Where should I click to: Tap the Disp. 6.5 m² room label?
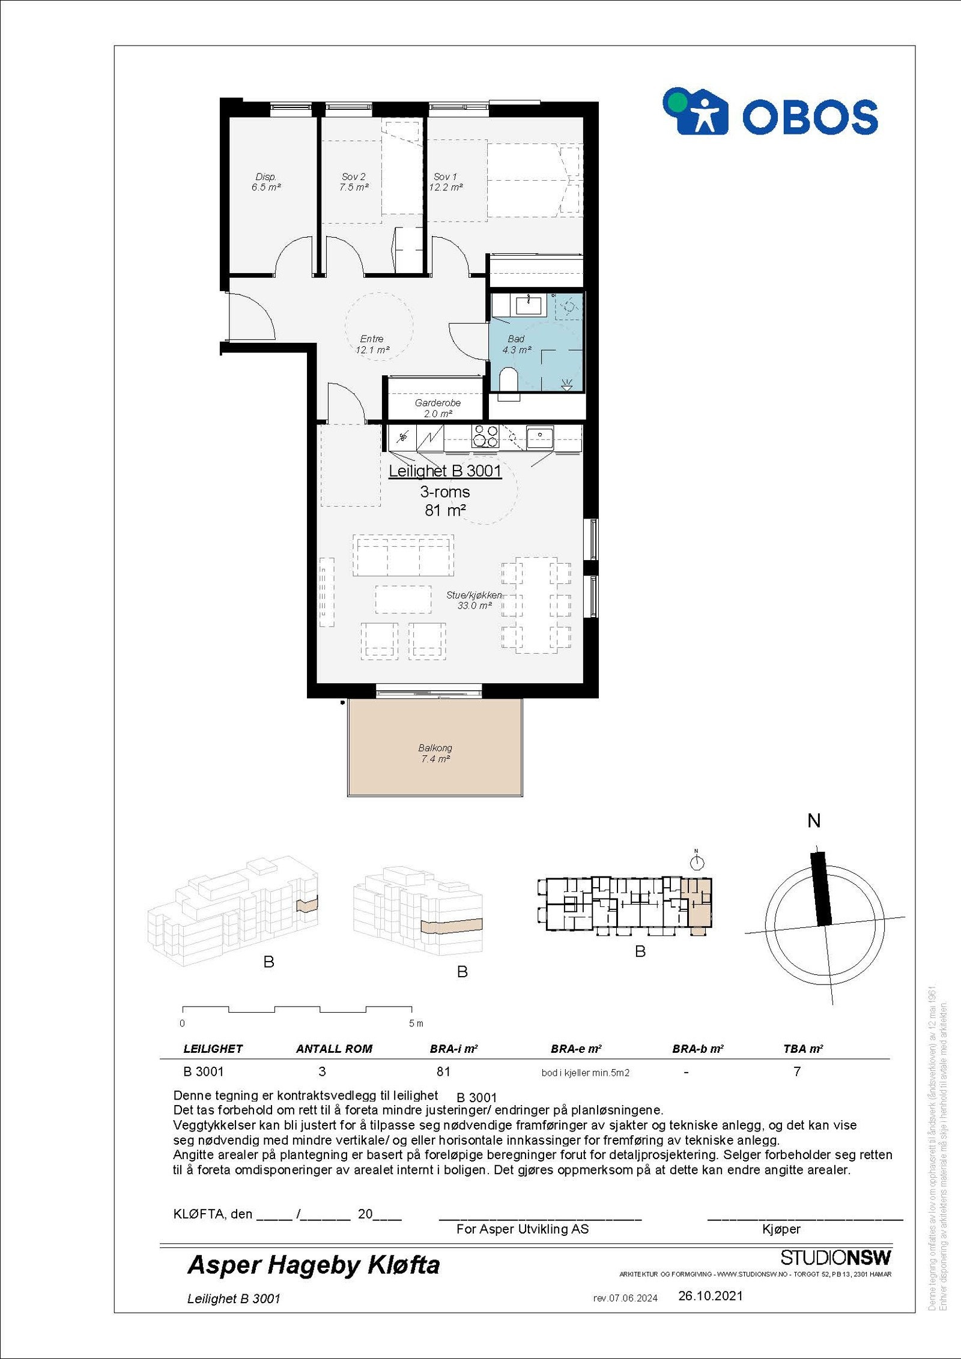(265, 182)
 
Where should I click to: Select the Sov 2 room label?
(353, 182)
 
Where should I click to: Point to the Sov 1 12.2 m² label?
(446, 182)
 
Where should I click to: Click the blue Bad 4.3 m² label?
(516, 345)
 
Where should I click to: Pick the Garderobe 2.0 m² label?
(437, 408)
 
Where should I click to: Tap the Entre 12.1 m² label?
(372, 344)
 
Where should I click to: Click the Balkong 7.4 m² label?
(435, 753)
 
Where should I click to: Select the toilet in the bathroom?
(509, 382)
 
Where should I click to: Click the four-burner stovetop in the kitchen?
(485, 436)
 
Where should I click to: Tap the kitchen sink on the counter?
(539, 436)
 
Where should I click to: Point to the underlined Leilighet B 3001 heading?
(444, 471)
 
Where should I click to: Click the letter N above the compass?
(814, 821)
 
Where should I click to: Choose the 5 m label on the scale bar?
(416, 1023)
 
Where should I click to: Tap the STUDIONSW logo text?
(835, 1258)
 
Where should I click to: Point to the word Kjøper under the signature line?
(781, 1229)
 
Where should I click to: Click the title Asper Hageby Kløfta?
(314, 1265)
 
